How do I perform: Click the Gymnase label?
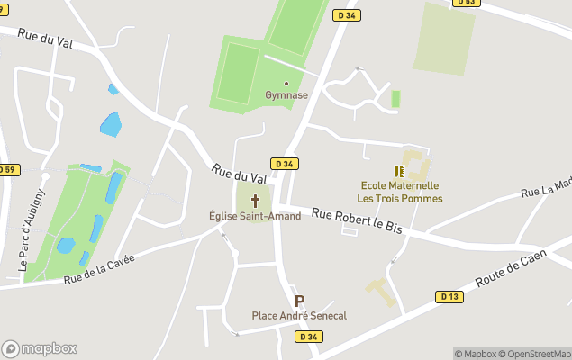point(286,95)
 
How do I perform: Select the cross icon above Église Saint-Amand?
point(255,200)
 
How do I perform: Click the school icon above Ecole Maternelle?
point(399,170)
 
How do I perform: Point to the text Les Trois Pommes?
point(399,198)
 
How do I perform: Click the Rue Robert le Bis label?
point(357,225)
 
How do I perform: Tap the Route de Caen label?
point(511,268)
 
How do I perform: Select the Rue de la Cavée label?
point(99,269)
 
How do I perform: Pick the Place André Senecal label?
point(299,316)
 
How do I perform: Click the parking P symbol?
point(299,301)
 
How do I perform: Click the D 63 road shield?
point(466,3)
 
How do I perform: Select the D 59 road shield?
point(8,169)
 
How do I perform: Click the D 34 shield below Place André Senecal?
point(308,337)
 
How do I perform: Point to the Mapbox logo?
point(39,348)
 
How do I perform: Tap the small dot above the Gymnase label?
point(286,84)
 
